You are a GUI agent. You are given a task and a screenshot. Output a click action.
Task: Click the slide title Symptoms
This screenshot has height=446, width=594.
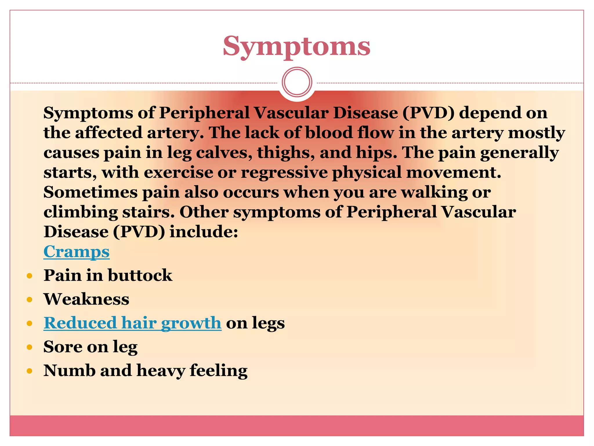(296, 46)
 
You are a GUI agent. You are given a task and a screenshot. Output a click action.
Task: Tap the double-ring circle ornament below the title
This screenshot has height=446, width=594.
(297, 82)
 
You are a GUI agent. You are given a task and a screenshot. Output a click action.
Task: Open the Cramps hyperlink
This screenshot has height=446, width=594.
(77, 251)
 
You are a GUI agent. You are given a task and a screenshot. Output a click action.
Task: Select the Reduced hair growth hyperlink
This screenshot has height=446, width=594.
(133, 323)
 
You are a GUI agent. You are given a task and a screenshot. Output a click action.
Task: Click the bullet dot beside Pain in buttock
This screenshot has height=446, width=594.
(29, 276)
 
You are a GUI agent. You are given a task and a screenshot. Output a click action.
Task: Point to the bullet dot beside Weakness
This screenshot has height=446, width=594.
(29, 299)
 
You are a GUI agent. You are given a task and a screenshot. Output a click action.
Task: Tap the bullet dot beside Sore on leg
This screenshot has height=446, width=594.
(29, 347)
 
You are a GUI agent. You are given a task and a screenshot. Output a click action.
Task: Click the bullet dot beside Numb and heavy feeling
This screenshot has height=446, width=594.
(29, 371)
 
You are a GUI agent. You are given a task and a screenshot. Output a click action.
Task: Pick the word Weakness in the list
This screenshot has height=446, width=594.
(86, 299)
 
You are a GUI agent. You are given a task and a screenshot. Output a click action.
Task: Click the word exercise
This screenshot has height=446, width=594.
(178, 172)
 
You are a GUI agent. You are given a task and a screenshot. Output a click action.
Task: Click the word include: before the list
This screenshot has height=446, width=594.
(204, 232)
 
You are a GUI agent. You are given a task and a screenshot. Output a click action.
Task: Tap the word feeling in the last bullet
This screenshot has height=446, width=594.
(218, 371)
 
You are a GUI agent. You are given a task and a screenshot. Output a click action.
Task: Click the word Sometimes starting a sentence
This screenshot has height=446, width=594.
(90, 192)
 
